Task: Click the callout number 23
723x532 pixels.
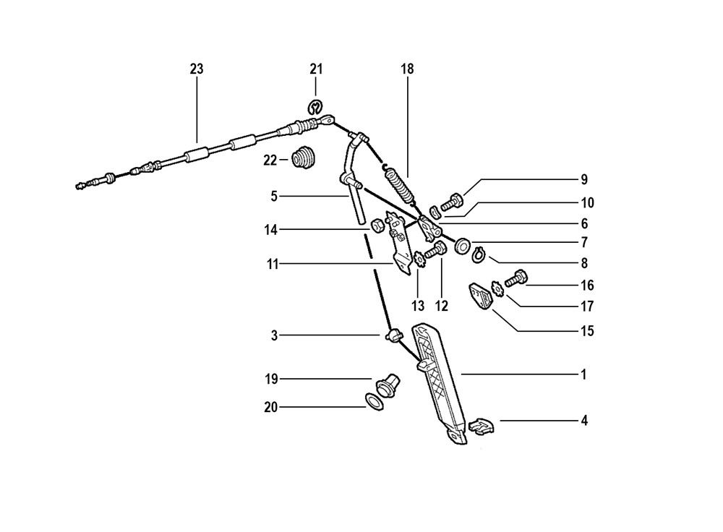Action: (197, 69)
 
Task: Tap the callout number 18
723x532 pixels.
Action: (407, 69)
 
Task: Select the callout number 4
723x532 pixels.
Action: (583, 420)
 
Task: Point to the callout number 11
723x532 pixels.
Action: (273, 265)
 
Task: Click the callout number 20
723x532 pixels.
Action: (270, 408)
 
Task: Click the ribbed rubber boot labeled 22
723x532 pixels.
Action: (303, 159)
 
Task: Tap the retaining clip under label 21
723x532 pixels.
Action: (316, 108)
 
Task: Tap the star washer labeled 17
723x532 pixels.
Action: (498, 291)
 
